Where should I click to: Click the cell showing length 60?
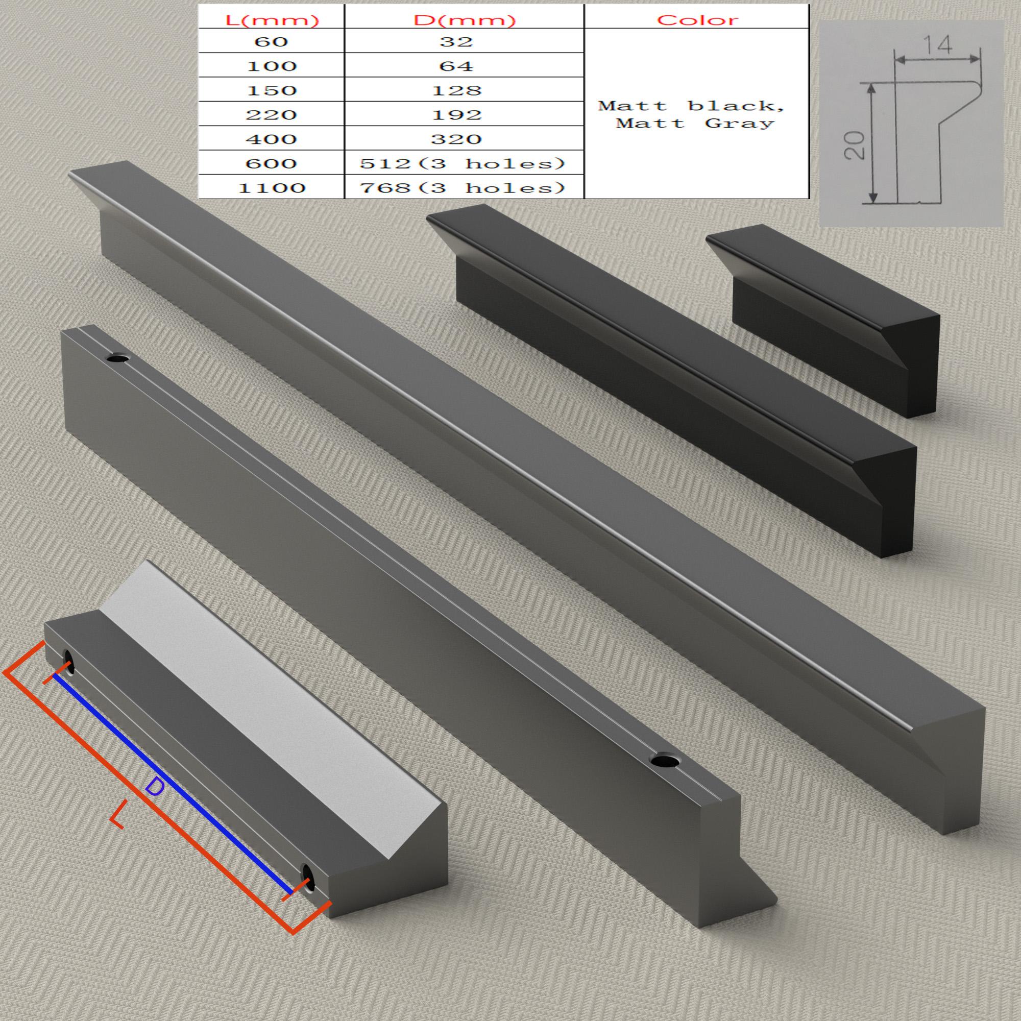(270, 41)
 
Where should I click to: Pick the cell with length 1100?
(271, 187)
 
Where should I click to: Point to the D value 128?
(456, 90)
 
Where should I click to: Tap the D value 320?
(456, 139)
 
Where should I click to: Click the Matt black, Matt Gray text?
(692, 114)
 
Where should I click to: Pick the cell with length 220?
(270, 114)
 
